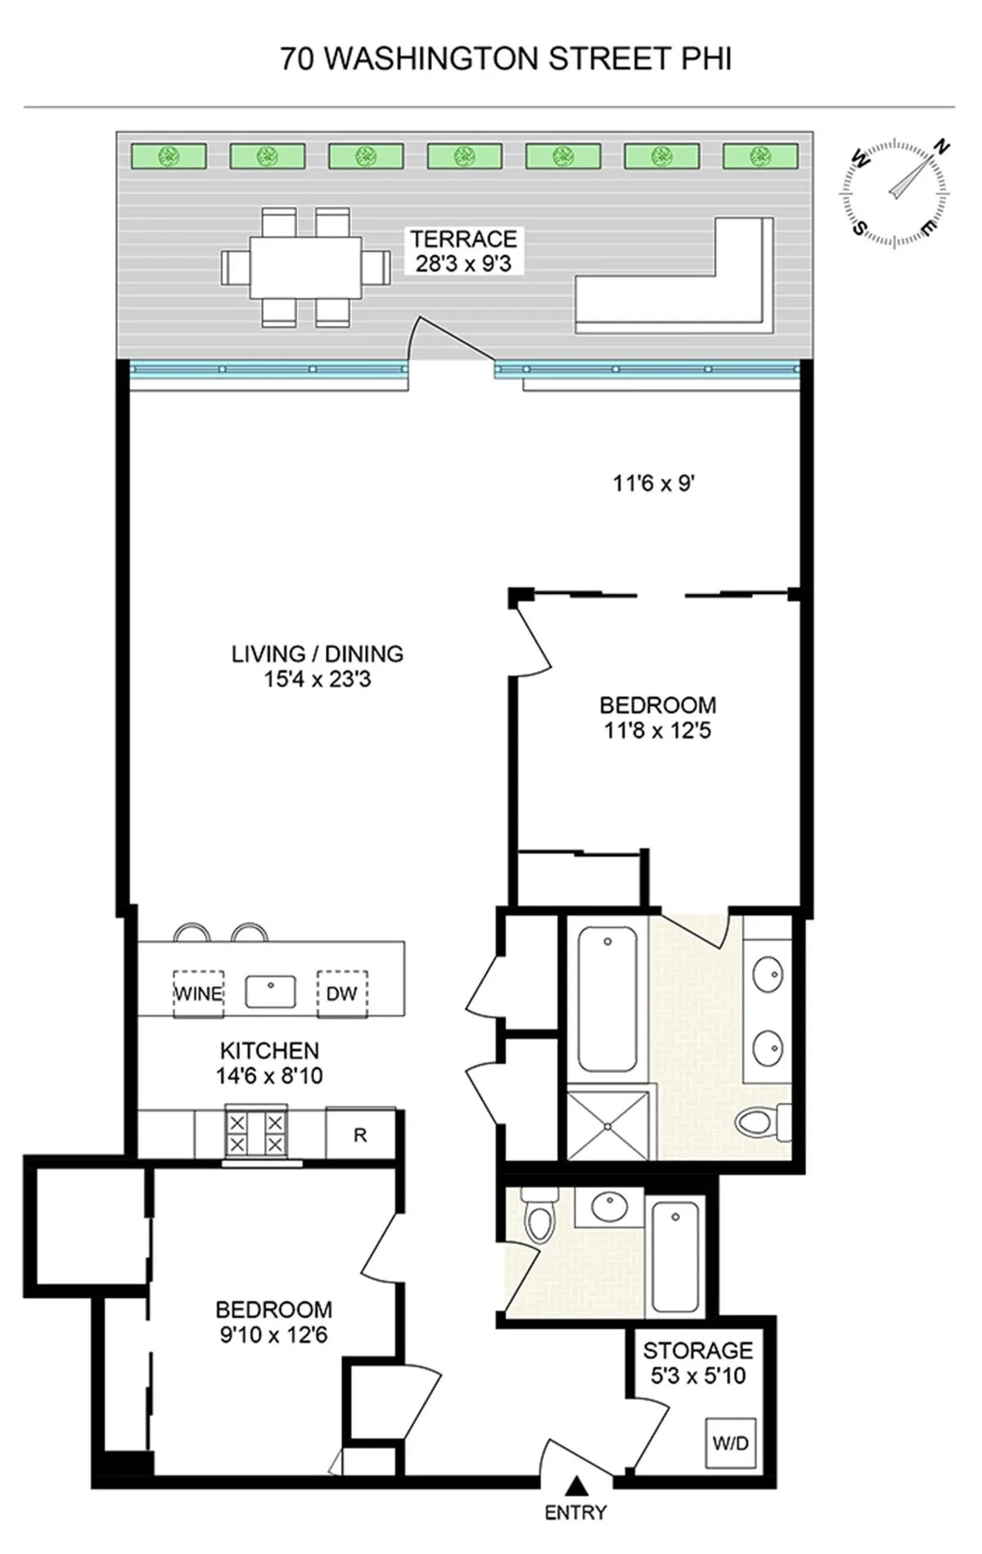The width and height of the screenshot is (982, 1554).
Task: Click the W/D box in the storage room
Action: coord(730,1443)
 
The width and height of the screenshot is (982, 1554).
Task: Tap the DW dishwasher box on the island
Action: coord(342,993)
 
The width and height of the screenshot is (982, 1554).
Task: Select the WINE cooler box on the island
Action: coord(198,993)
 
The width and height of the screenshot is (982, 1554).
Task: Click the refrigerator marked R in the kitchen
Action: coord(360,1135)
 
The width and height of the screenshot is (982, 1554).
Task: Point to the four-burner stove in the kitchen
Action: coord(256,1133)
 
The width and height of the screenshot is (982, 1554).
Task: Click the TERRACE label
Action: coord(463,239)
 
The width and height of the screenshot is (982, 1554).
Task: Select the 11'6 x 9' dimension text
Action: coord(654,484)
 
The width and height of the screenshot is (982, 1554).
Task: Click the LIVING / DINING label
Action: coord(318,654)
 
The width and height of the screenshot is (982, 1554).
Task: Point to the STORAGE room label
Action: coord(697,1350)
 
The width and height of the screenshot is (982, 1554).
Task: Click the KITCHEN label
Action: coord(269,1050)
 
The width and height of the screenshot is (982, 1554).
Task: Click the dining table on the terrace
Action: coord(305,267)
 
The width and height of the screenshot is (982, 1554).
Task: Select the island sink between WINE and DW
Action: coord(270,993)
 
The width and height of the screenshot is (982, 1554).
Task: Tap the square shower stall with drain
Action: coord(609,1126)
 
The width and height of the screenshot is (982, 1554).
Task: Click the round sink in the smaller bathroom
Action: coord(609,1207)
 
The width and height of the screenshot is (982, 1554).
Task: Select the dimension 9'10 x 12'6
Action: coord(273,1335)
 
